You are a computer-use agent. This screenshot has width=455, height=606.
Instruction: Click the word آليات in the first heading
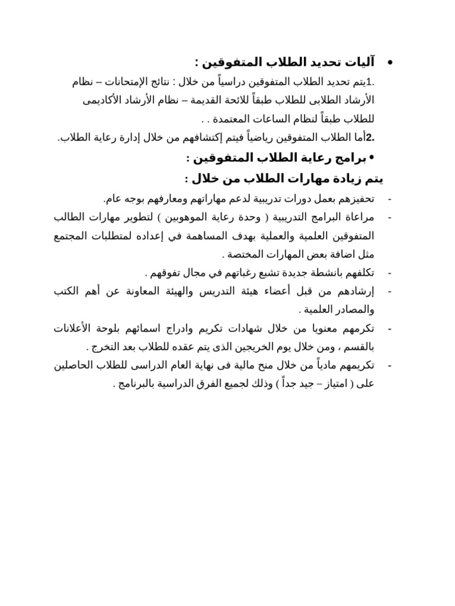tap(361, 62)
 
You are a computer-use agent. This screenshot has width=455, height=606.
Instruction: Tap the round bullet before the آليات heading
tap(390, 63)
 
